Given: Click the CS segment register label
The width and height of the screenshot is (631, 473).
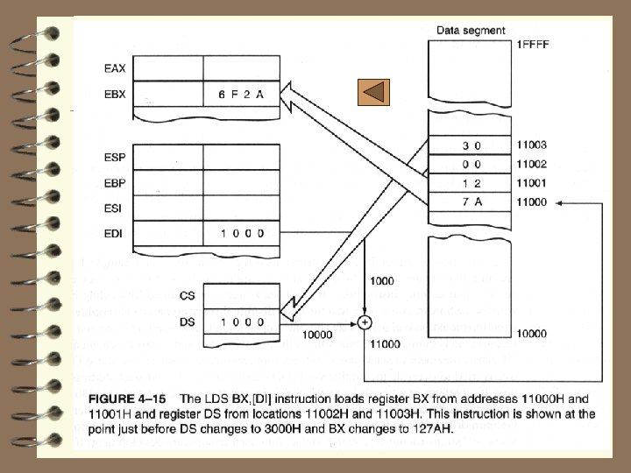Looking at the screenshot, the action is click(x=186, y=296).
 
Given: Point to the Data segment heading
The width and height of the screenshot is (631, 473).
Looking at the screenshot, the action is click(x=471, y=31).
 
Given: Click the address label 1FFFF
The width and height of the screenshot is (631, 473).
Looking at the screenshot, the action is click(x=534, y=44).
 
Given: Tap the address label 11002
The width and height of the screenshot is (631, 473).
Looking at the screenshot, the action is click(x=532, y=164).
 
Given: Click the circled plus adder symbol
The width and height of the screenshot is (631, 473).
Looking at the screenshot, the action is click(x=365, y=322).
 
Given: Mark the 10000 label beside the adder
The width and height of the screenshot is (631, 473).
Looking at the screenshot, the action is click(x=316, y=335).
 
